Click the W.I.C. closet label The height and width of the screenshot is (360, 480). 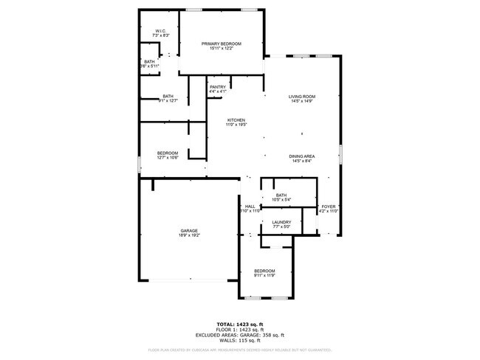160,30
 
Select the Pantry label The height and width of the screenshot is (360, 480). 217,87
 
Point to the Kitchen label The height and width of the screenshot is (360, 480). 236,120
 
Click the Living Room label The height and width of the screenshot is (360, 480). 302,97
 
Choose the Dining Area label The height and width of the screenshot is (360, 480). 303,156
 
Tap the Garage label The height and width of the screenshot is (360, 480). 188,231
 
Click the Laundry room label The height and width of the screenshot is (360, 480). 281,222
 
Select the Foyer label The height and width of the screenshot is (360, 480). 328,207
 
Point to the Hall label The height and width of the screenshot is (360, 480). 250,207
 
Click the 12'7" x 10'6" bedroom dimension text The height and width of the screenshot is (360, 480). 168,158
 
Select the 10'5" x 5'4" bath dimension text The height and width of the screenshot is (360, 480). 281,199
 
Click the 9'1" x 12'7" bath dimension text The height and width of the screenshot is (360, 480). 168,100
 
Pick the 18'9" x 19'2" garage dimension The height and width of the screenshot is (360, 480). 188,236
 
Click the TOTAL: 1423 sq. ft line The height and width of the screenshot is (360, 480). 239,324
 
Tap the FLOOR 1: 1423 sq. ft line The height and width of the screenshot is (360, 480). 239,329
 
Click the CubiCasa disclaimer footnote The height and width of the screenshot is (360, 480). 239,350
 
